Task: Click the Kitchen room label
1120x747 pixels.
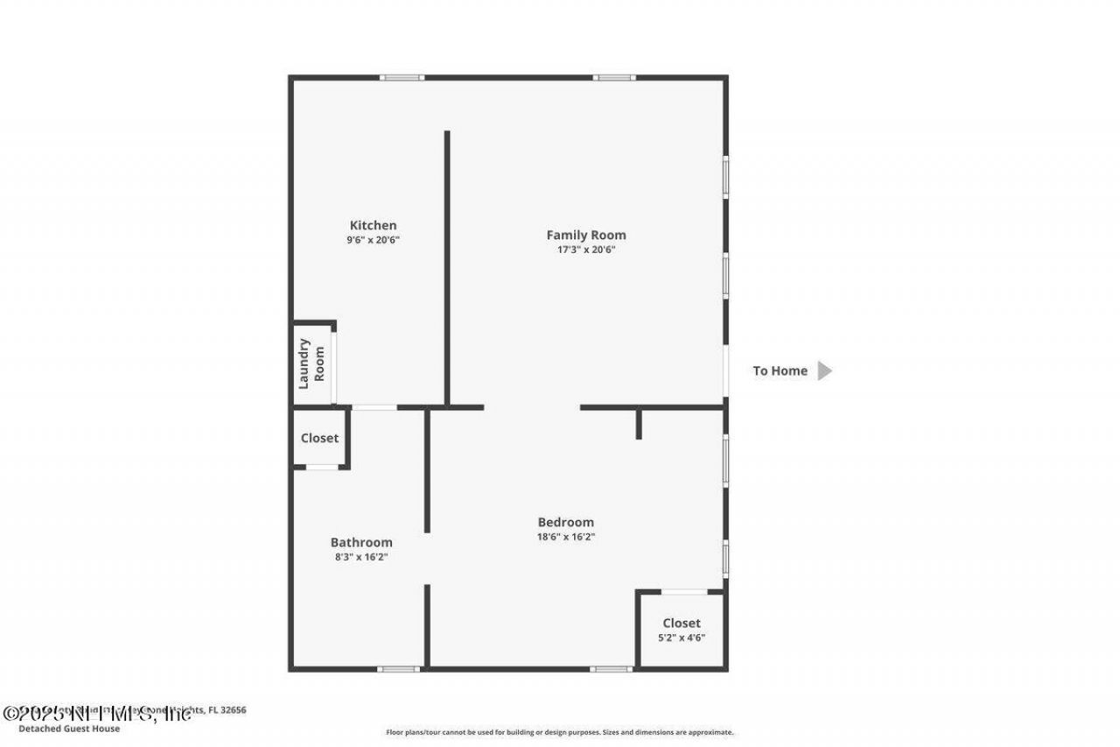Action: (373, 225)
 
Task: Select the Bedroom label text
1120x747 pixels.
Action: (565, 523)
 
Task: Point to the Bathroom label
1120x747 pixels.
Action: (360, 542)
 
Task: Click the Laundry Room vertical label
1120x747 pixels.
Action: (311, 363)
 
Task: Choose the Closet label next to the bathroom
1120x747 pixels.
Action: (319, 439)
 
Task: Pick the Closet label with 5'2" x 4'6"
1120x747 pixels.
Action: (681, 624)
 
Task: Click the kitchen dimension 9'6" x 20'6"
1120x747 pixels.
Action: (373, 240)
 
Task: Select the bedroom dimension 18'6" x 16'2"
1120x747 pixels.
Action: (566, 538)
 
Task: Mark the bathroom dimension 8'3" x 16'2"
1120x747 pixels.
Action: (360, 557)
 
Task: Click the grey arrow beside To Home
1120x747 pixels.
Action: (824, 370)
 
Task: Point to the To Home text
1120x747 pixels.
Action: (780, 370)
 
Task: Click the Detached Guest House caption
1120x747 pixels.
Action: (69, 729)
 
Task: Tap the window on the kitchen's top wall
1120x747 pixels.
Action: (402, 78)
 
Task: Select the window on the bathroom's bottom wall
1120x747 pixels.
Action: (398, 669)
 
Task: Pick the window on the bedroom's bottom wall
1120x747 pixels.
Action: (611, 669)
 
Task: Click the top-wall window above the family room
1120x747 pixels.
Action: (614, 78)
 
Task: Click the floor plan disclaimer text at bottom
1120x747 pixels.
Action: (560, 732)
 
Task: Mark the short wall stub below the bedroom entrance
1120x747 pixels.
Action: (639, 424)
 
